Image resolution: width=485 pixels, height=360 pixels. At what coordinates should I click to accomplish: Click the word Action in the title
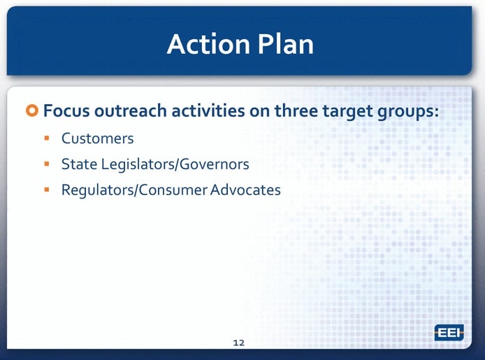click(x=208, y=44)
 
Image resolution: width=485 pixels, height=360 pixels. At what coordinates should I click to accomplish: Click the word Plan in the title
click(x=286, y=44)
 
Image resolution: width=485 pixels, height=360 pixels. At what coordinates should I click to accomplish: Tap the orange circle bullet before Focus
click(x=32, y=110)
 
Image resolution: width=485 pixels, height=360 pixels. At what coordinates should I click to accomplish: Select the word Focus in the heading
click(x=66, y=110)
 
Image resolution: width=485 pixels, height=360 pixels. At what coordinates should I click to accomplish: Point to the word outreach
click(x=130, y=110)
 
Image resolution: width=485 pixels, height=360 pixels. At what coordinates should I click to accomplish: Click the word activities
click(x=208, y=110)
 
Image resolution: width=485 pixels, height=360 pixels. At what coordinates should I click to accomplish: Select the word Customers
click(x=97, y=138)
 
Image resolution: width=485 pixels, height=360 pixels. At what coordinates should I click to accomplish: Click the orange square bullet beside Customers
click(x=47, y=138)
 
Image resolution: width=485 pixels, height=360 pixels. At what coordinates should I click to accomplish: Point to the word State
click(x=79, y=164)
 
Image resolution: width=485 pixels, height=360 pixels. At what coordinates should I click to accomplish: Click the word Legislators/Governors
click(x=175, y=164)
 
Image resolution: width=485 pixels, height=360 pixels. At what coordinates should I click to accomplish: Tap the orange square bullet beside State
click(x=47, y=164)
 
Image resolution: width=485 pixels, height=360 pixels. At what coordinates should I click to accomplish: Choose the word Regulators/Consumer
click(x=134, y=190)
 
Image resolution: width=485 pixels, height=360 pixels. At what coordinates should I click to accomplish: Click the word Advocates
click(x=245, y=190)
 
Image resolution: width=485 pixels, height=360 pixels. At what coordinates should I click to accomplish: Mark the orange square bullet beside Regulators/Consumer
click(x=47, y=189)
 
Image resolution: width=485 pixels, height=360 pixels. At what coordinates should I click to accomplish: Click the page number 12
click(x=239, y=343)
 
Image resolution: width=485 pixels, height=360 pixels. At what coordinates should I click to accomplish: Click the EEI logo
click(x=449, y=333)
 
